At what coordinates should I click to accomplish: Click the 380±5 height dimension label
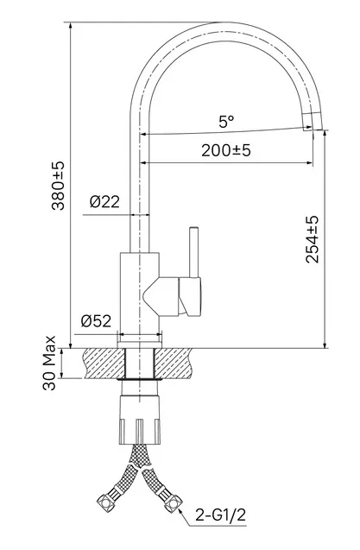pos(58,186)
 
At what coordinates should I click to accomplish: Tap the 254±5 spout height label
pos(312,239)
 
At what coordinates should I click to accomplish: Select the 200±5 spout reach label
pos(226,150)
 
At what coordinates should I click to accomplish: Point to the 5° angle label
pos(226,122)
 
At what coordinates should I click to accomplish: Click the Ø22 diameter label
pos(105,202)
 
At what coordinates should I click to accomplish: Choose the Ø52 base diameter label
pos(96,320)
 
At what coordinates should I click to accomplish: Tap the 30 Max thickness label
pos(49,363)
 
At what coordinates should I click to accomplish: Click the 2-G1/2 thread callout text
pos(221,515)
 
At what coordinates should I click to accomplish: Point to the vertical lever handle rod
pos(193,252)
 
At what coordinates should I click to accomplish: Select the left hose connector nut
pos(104,501)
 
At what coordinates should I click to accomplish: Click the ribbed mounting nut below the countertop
pos(140,420)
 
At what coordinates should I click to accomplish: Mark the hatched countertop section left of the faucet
pos(104,364)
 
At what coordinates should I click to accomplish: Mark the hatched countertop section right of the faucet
pos(174,364)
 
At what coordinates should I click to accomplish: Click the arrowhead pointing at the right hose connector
pos(182,512)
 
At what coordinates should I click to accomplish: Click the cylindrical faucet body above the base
pos(140,293)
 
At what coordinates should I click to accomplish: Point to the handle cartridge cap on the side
pos(190,297)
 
